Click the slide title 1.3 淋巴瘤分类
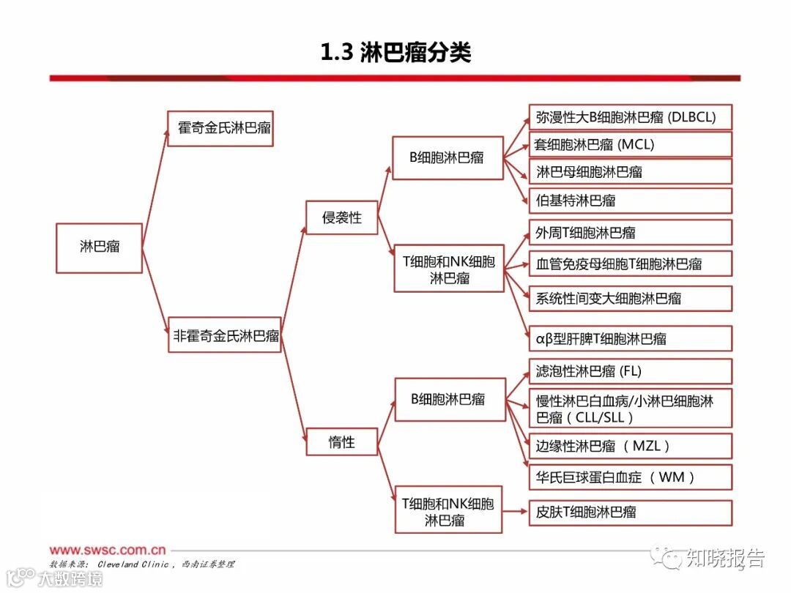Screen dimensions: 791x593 395,53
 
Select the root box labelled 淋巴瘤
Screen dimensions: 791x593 99,248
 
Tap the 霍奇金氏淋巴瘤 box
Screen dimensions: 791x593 220,128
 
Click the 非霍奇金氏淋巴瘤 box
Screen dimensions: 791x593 225,335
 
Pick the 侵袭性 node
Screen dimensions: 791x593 341,218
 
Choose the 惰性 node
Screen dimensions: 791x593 341,441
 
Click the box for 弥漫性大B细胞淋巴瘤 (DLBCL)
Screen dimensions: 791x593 630,117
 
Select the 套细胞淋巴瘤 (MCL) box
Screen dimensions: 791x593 630,144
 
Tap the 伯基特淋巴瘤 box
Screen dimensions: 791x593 630,201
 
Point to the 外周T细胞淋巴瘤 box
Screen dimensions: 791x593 630,233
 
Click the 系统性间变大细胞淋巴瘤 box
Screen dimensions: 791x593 630,298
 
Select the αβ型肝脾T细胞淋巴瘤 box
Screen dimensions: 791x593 630,338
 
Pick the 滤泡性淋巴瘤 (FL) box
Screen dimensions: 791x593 630,371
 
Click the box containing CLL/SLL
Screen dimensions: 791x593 630,409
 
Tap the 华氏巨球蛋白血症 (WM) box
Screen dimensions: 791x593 630,477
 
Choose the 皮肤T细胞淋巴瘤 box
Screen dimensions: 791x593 630,512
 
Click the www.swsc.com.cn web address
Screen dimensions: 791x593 108,549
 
